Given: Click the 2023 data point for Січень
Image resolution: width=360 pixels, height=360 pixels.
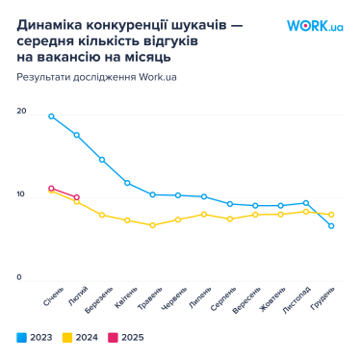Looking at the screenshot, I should click(x=51, y=116).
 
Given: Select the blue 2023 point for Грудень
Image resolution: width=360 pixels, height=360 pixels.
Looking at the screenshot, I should click(x=331, y=226).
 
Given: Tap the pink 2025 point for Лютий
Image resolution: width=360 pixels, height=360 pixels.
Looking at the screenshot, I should click(x=76, y=197).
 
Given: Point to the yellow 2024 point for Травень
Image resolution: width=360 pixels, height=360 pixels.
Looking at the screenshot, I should click(x=152, y=225).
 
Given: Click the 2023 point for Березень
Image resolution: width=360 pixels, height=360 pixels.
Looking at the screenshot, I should click(x=102, y=160).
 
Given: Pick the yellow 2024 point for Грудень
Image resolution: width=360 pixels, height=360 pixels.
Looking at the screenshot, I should click(x=331, y=215).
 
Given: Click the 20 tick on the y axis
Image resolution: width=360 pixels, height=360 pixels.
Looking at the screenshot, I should click(x=21, y=113).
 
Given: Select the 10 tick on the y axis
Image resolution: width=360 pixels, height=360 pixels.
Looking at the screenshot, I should click(x=21, y=195).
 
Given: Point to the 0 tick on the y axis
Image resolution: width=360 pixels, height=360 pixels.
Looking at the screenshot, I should click(x=19, y=278).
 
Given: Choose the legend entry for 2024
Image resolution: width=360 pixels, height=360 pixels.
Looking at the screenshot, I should click(x=81, y=338).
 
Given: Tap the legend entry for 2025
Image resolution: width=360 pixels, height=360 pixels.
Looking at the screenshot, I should click(x=127, y=338).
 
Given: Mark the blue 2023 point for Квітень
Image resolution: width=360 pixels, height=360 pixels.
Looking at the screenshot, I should click(x=127, y=183).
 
